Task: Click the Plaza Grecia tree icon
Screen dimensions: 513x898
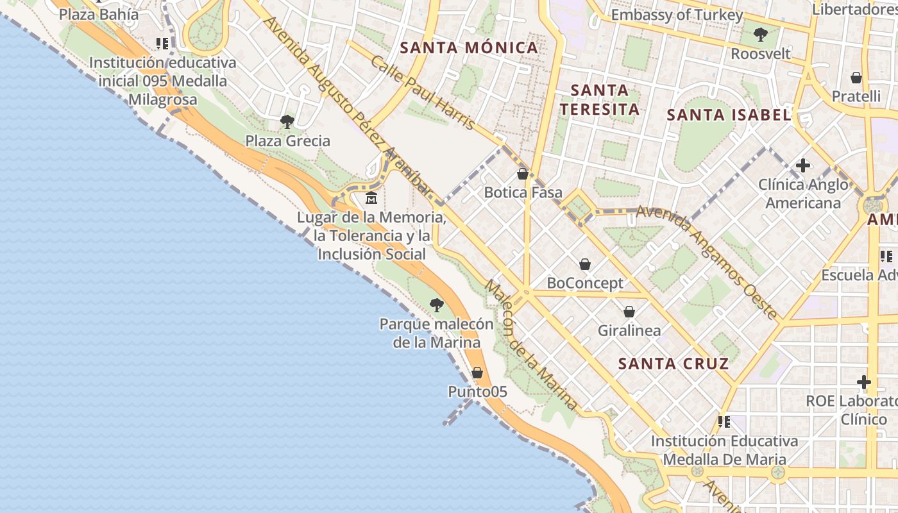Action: click(x=287, y=121)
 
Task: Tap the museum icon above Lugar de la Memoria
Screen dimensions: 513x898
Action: click(x=371, y=198)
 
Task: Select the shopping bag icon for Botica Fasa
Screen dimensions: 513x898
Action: click(x=523, y=173)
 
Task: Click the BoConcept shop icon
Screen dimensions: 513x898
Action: click(x=585, y=264)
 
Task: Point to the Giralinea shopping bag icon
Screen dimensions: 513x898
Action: click(x=629, y=312)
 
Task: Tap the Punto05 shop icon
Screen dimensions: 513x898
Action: click(x=477, y=372)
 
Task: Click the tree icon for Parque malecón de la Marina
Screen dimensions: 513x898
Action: click(x=437, y=305)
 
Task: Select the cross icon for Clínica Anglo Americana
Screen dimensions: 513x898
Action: click(x=802, y=165)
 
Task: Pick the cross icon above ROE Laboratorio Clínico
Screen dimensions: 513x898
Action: click(x=864, y=382)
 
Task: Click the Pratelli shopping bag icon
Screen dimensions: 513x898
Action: click(x=856, y=78)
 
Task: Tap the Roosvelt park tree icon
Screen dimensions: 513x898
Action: click(x=761, y=34)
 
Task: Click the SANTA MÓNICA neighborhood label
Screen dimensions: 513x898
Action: click(x=469, y=47)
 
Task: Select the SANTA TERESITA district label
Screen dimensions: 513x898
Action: click(x=599, y=99)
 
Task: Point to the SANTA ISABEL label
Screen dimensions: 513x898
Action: click(x=728, y=115)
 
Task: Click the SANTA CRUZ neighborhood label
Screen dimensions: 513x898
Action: click(x=673, y=364)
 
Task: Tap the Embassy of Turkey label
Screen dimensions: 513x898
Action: click(x=677, y=15)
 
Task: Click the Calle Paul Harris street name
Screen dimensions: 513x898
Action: click(x=423, y=92)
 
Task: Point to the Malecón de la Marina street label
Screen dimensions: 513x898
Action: click(x=530, y=345)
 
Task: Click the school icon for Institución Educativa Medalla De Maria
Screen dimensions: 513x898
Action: click(x=724, y=422)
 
